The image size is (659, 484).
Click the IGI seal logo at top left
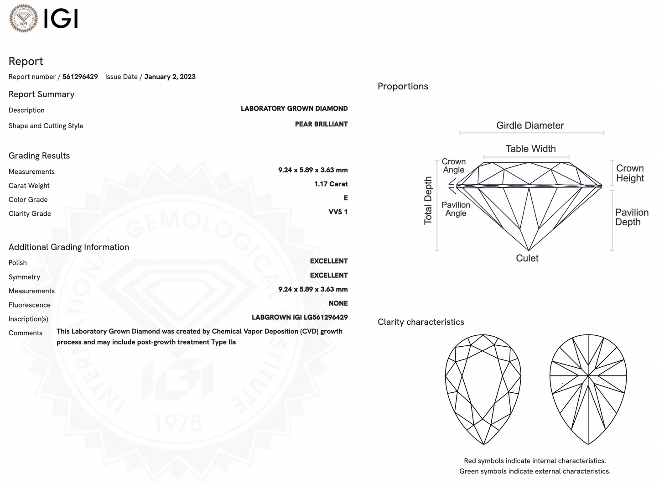(24, 18)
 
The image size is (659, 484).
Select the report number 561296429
(80, 77)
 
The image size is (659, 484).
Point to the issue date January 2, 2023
(170, 77)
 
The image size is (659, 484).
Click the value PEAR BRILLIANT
(321, 124)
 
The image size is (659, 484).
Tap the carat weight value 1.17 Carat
(331, 184)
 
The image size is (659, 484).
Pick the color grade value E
(346, 198)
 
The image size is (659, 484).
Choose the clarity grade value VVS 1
(338, 212)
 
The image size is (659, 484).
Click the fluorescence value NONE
(338, 303)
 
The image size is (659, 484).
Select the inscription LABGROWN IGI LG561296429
(300, 317)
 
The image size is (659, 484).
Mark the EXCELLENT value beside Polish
(329, 261)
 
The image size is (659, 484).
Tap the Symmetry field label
(24, 277)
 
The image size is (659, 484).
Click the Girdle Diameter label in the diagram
(530, 125)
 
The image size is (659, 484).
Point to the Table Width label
(530, 149)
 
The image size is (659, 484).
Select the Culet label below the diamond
(527, 258)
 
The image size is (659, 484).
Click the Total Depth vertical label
(428, 201)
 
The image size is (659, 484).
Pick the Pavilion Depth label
(632, 217)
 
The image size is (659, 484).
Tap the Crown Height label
(630, 173)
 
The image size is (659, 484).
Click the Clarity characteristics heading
(420, 322)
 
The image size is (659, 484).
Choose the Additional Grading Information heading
(69, 247)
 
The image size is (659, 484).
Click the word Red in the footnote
(470, 461)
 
